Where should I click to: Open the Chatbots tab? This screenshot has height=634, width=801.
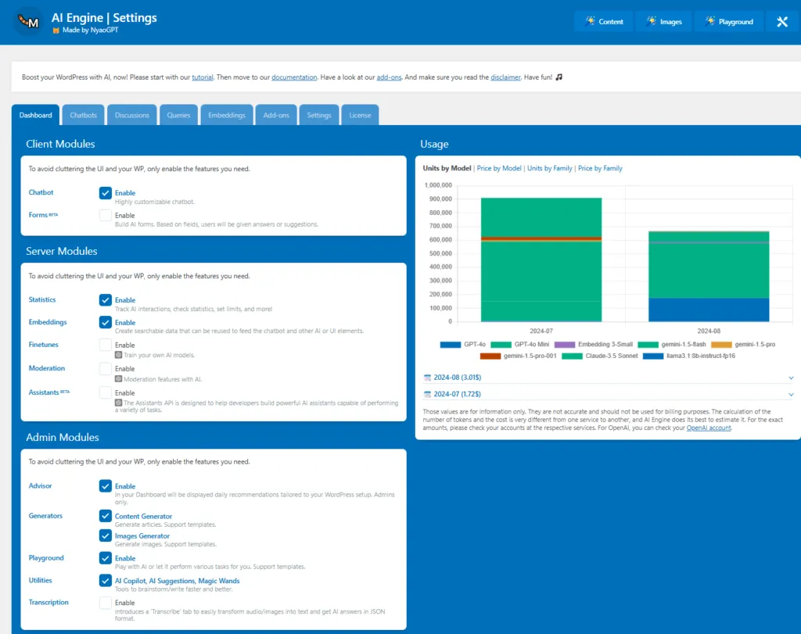tap(83, 115)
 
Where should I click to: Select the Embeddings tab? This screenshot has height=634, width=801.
tap(227, 115)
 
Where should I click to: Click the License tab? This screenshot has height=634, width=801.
tap(360, 115)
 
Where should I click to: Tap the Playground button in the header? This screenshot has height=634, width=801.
tap(730, 21)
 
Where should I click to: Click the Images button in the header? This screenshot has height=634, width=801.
tap(664, 21)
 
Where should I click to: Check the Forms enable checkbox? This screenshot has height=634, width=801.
tap(106, 216)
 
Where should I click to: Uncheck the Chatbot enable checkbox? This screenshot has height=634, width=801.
tap(106, 193)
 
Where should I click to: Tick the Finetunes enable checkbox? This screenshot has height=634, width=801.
tap(106, 345)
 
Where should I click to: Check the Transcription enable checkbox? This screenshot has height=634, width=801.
tap(106, 603)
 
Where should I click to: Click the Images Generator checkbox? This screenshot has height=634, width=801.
tap(106, 536)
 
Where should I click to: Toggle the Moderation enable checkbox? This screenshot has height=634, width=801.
tap(106, 368)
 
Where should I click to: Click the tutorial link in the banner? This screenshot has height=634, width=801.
tap(203, 77)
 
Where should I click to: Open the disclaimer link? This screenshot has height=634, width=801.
tap(505, 77)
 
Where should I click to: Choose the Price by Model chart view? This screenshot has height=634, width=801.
tap(499, 168)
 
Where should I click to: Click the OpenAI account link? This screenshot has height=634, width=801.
tap(709, 428)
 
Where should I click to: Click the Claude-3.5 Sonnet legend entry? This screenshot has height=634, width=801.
tap(600, 356)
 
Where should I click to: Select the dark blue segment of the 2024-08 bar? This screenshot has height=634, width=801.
tap(709, 310)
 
